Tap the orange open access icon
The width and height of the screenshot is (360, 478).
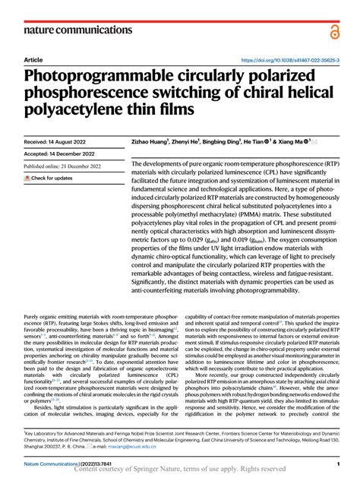336,30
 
